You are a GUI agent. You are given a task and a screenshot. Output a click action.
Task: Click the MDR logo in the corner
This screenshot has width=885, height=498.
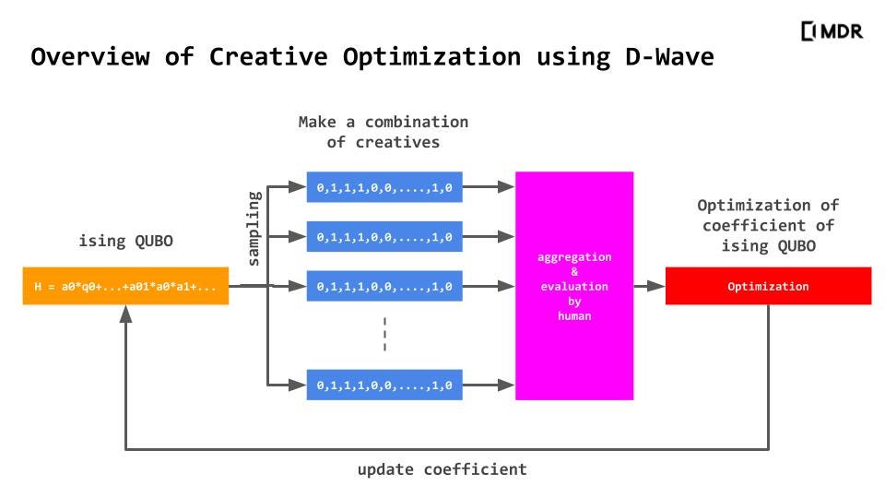(832, 31)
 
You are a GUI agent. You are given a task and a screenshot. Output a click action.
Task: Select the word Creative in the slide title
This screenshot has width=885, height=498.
(267, 56)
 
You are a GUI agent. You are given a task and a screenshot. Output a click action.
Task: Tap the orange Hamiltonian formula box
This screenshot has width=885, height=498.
(125, 286)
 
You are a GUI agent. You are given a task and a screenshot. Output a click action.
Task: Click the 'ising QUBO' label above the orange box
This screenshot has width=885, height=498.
(125, 242)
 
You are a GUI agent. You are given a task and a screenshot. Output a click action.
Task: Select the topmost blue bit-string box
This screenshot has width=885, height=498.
(384, 187)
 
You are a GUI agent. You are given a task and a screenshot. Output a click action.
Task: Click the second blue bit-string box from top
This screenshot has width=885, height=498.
(384, 237)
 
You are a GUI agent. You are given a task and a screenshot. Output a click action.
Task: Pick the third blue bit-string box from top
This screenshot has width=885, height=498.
(384, 287)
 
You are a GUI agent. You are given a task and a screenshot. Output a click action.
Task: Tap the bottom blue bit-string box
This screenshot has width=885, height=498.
(384, 385)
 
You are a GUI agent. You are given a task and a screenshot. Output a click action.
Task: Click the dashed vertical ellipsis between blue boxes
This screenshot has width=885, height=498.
(384, 335)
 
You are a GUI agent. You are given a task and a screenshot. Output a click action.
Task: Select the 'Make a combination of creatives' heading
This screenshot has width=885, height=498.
(383, 132)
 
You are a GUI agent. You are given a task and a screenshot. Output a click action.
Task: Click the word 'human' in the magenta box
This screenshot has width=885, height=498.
(574, 316)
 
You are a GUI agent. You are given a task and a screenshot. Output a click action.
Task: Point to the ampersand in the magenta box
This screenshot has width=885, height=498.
(574, 272)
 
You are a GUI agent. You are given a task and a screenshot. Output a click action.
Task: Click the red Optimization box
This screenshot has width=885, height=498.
(768, 286)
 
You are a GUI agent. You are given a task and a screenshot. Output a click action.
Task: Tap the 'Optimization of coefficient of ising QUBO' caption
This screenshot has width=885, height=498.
(767, 225)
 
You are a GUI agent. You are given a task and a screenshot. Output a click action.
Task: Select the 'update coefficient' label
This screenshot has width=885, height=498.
(442, 469)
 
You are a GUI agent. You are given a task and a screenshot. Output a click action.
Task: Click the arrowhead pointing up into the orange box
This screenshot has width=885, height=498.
(125, 314)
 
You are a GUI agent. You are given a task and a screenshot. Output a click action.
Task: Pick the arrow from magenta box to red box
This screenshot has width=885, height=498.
(649, 286)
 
